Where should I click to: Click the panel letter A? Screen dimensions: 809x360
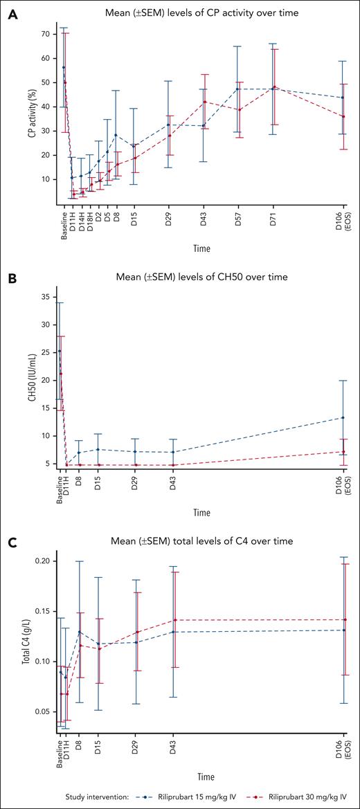(12, 15)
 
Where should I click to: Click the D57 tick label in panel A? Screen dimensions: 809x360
(238, 218)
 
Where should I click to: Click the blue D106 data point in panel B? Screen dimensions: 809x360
(343, 417)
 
